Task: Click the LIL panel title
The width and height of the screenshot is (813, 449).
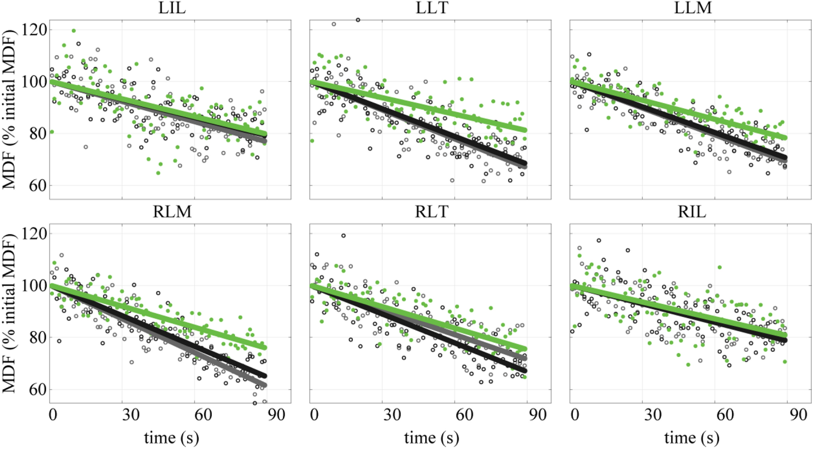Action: pyautogui.click(x=172, y=8)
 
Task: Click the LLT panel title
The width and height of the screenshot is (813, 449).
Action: pyautogui.click(x=432, y=8)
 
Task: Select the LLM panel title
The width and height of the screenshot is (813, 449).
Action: pyautogui.click(x=692, y=8)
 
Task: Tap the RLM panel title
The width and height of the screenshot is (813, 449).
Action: pyautogui.click(x=172, y=212)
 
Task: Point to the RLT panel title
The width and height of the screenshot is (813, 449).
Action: pyautogui.click(x=432, y=212)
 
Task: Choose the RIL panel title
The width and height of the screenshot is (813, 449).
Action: pyautogui.click(x=692, y=212)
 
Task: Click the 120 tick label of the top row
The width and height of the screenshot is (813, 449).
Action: pyautogui.click(x=34, y=30)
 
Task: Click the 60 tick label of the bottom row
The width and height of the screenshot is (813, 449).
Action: pyautogui.click(x=37, y=390)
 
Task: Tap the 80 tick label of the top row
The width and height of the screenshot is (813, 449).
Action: pyautogui.click(x=37, y=134)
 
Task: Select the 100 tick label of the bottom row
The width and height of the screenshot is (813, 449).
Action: pyautogui.click(x=34, y=286)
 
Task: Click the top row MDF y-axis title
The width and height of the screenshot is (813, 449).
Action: pyautogui.click(x=9, y=109)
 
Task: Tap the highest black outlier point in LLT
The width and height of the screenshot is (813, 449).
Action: pyautogui.click(x=358, y=20)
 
